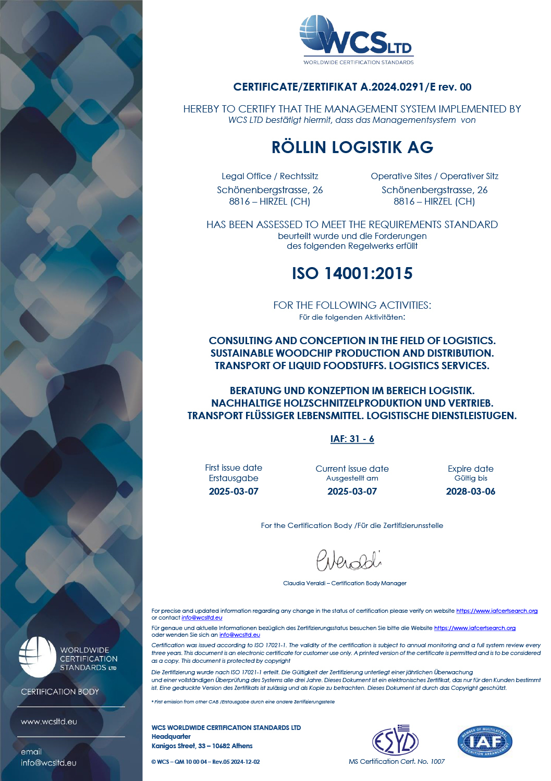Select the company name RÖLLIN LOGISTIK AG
click(x=352, y=147)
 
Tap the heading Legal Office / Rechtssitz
click(x=270, y=176)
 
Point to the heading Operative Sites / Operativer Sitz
click(x=434, y=176)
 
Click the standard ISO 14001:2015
click(x=352, y=273)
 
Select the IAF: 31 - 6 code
click(x=352, y=439)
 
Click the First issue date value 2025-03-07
click(x=234, y=492)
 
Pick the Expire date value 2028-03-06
click(x=471, y=492)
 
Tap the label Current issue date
click(x=352, y=469)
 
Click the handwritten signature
click(x=349, y=560)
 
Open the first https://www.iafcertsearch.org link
click(x=497, y=611)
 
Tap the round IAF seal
click(x=485, y=741)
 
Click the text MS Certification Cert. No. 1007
click(x=397, y=761)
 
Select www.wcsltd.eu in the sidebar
click(x=49, y=722)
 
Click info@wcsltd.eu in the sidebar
click(x=48, y=763)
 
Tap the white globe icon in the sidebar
click(x=37, y=657)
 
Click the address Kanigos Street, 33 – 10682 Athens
click(x=202, y=746)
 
